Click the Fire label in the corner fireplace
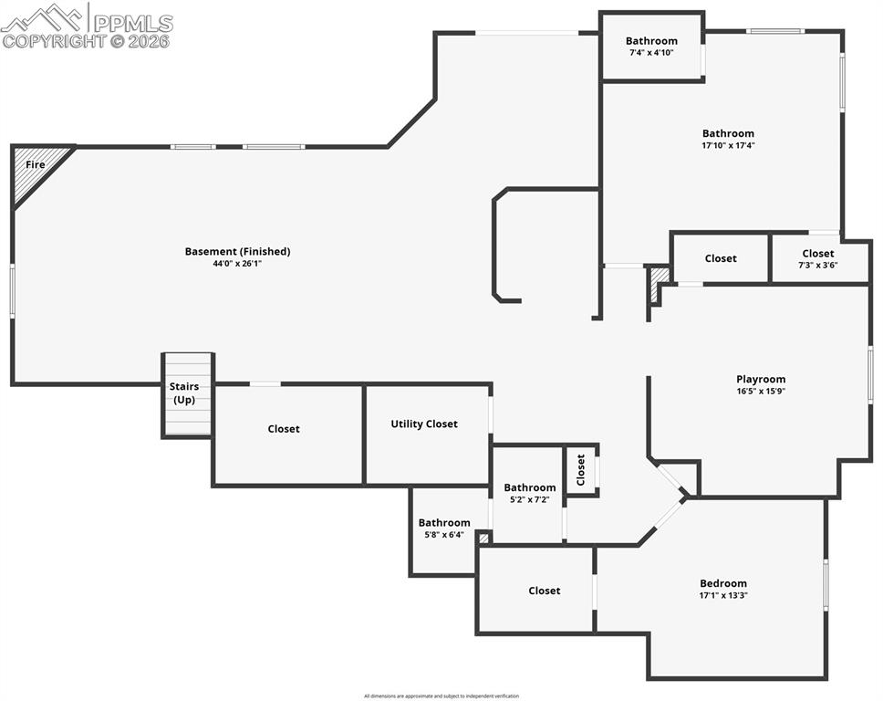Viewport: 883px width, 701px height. [35, 164]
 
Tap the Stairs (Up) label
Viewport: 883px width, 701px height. [185, 393]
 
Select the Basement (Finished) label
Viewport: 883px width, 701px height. [237, 251]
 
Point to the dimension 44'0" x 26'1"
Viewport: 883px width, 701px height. [237, 263]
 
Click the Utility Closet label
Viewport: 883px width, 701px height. [424, 424]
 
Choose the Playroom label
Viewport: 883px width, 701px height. [761, 379]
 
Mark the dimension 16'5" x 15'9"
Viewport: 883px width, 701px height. [761, 391]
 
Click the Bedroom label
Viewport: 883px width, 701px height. [723, 583]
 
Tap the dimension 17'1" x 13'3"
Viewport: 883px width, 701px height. [723, 595]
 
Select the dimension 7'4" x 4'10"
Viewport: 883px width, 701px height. [651, 52]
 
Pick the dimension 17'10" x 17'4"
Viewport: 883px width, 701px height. [728, 145]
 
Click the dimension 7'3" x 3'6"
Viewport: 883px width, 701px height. [818, 265]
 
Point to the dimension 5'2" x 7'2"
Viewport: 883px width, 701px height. [529, 499]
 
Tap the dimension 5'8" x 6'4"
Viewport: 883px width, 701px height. [444, 535]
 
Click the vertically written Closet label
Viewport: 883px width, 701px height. [581, 470]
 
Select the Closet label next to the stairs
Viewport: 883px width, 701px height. [284, 429]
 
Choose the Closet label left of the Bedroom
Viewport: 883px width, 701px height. [545, 591]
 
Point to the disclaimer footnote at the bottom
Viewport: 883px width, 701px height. [441, 696]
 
